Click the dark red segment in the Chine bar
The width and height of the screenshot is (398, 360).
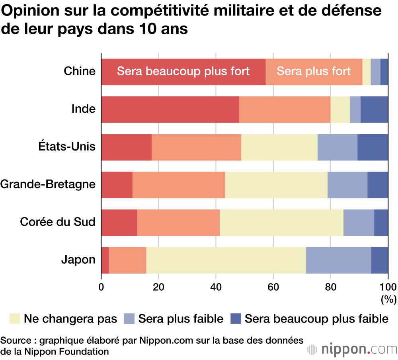click(183, 72)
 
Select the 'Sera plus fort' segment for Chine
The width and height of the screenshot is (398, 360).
click(314, 72)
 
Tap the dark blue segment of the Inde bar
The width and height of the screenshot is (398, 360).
click(374, 110)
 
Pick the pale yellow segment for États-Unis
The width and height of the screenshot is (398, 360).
click(279, 147)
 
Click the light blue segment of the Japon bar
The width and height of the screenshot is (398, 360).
click(338, 260)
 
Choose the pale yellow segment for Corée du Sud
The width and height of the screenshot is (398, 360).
click(281, 222)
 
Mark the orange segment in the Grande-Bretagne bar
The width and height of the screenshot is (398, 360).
click(179, 185)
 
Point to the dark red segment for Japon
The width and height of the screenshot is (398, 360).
click(105, 260)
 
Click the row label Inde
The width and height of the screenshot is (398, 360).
click(84, 109)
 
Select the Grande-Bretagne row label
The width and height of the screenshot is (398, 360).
click(48, 184)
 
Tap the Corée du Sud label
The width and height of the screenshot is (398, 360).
click(58, 222)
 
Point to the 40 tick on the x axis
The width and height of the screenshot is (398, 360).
click(216, 287)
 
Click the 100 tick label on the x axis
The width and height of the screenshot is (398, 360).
click(388, 287)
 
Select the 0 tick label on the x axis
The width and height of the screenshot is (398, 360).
click(101, 287)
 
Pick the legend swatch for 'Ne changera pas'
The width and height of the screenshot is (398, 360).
click(14, 319)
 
